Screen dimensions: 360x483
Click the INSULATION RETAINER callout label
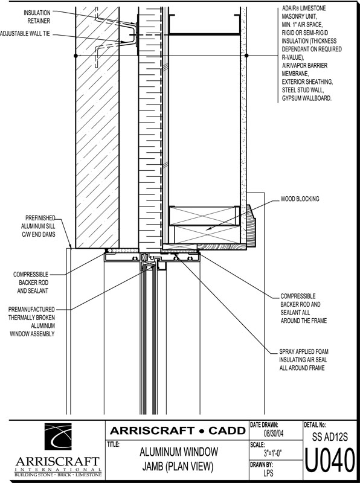pyautogui.click(x=37, y=17)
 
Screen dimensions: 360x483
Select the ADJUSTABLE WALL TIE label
pyautogui.click(x=25, y=34)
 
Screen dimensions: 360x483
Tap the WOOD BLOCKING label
pyautogui.click(x=300, y=199)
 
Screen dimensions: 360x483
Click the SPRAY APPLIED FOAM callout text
pyautogui.click(x=304, y=359)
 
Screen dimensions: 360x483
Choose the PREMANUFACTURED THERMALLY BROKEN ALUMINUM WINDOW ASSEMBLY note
pyautogui.click(x=32, y=321)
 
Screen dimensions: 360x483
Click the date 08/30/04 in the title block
pyautogui.click(x=274, y=433)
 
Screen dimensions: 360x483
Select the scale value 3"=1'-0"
pyautogui.click(x=273, y=453)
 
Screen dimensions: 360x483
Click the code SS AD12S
pyautogui.click(x=330, y=437)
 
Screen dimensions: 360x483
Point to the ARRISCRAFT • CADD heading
pyautogui.click(x=178, y=430)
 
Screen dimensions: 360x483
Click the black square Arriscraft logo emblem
pyautogui.click(x=58, y=437)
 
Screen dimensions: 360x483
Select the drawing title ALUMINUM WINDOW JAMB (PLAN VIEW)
pyautogui.click(x=178, y=459)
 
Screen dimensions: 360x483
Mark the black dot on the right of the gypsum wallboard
pyautogui.click(x=246, y=56)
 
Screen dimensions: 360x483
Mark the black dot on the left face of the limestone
pyautogui.click(x=76, y=56)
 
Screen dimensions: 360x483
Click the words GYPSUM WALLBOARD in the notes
pyautogui.click(x=307, y=98)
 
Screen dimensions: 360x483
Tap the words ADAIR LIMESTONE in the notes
pyautogui.click(x=304, y=8)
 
